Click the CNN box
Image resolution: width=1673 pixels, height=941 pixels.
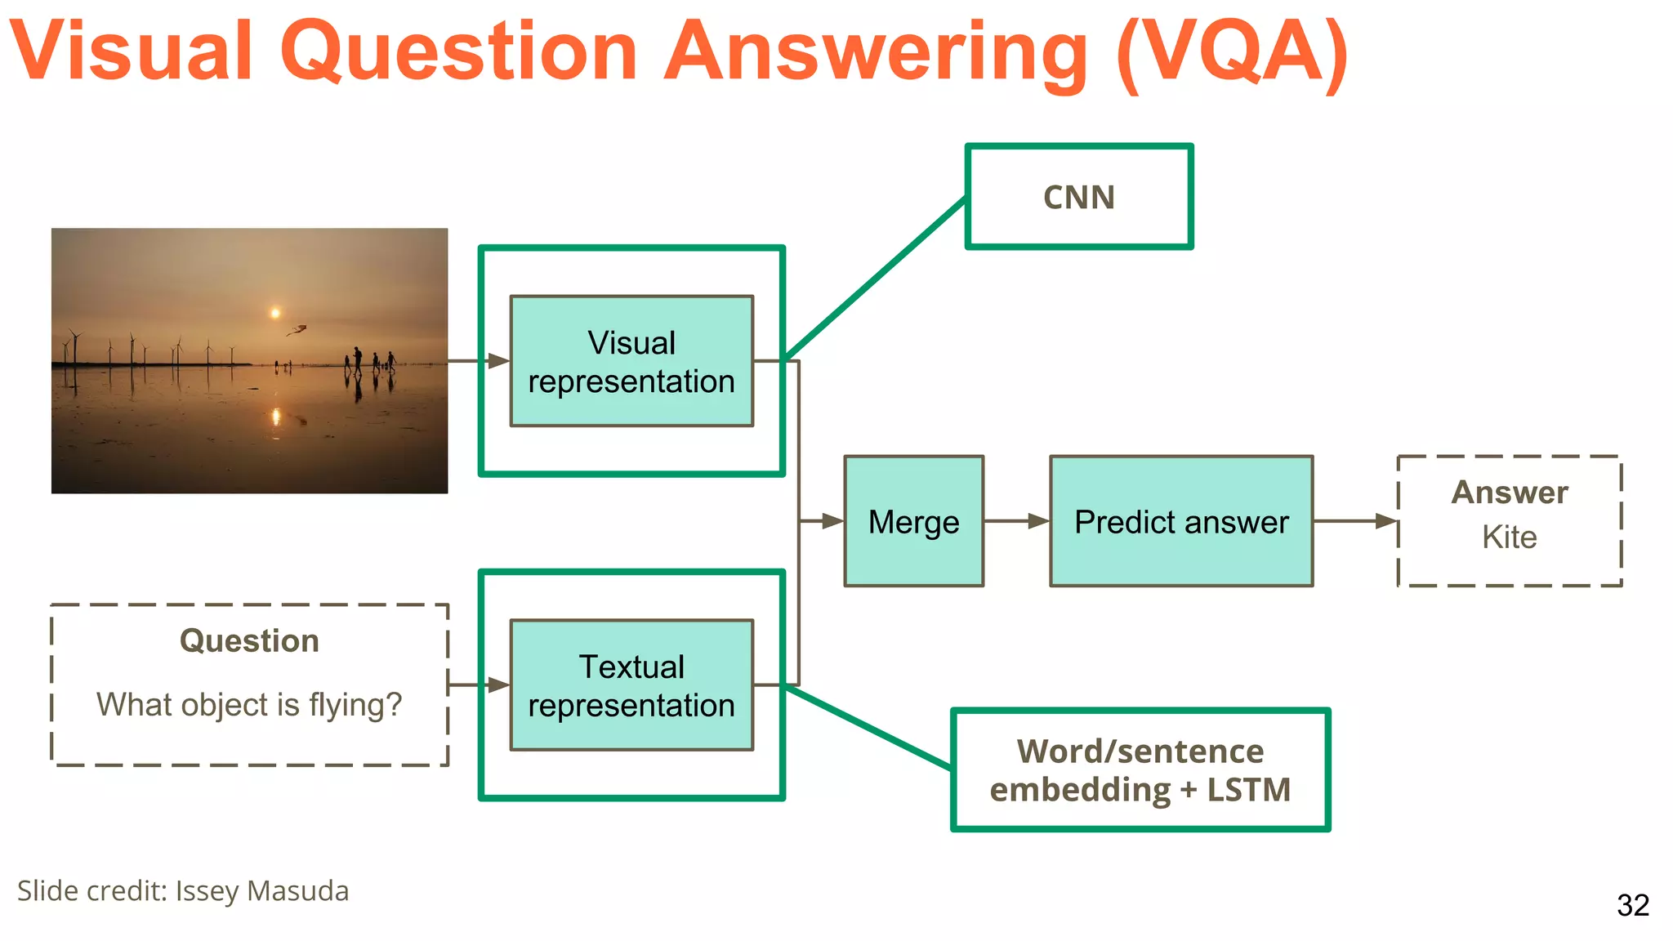1078,197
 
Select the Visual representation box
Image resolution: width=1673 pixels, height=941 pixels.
631,361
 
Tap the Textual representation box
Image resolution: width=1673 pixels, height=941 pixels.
631,685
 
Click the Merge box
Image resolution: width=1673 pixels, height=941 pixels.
913,521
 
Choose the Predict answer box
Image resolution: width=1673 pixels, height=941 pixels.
1181,521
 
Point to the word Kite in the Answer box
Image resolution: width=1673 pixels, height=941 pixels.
1509,537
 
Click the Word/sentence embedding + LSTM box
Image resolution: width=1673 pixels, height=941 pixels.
1140,769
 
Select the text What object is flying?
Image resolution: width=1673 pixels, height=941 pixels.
249,704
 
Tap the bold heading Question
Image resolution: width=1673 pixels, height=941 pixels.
249,640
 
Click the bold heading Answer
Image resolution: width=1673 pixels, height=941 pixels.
1509,493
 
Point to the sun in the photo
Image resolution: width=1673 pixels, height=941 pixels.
275,313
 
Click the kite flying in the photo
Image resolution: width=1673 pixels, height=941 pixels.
297,330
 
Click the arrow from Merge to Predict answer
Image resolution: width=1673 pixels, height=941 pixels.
1016,521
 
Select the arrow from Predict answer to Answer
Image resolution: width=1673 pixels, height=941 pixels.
1355,521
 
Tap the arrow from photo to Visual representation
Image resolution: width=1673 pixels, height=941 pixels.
479,360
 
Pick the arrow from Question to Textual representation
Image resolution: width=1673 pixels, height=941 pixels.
479,685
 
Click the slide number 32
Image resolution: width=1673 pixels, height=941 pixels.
1632,905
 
